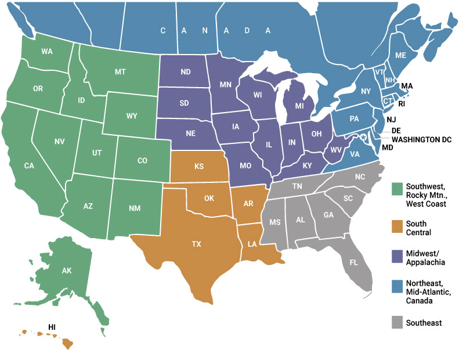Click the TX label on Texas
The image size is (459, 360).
tap(196, 244)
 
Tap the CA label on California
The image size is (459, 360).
tap(29, 165)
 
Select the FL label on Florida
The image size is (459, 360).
tap(354, 262)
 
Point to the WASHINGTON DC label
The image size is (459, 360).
tap(421, 139)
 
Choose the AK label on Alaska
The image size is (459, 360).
tap(67, 271)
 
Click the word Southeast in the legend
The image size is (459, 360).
tap(424, 323)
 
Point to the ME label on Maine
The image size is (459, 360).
tap(400, 55)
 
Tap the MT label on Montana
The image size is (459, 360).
tap(120, 72)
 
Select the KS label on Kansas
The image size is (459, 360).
tap(199, 167)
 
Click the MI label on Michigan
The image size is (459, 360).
tap(299, 107)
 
